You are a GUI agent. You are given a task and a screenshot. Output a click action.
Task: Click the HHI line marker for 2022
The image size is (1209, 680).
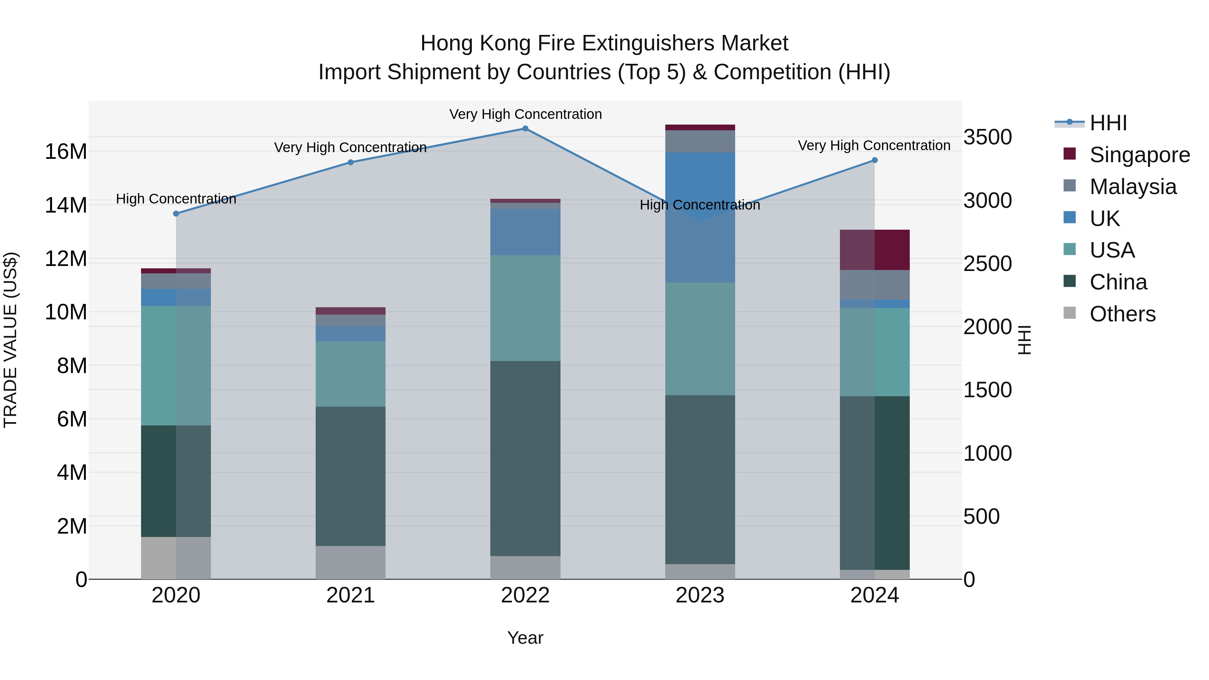tap(525, 129)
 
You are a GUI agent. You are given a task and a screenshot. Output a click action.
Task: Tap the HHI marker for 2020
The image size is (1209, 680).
tap(176, 214)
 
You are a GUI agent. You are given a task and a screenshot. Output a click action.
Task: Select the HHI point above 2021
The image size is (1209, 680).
tap(351, 163)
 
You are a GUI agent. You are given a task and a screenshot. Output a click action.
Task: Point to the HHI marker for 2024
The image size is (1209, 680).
tap(875, 161)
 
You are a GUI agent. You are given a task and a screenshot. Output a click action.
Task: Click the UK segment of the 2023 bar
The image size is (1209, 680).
tap(700, 217)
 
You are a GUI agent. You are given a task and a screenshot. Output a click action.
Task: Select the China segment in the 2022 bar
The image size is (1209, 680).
tap(525, 458)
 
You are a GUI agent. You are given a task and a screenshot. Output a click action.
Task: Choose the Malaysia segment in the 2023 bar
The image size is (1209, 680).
tap(700, 141)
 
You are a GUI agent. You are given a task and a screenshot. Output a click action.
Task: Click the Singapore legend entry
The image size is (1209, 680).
tap(1139, 155)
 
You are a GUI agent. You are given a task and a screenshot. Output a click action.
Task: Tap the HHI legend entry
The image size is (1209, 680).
tap(1108, 123)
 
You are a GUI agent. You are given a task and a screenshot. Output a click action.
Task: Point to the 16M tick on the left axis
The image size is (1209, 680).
tap(66, 151)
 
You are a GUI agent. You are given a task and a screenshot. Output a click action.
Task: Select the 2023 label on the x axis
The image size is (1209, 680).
tap(700, 595)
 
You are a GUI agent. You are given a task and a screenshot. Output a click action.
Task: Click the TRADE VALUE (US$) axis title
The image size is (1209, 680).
tap(10, 340)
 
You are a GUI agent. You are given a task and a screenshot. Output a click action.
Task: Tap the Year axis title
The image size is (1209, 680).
tap(525, 638)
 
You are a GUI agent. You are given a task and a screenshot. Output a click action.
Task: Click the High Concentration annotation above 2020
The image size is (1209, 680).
tap(176, 199)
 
